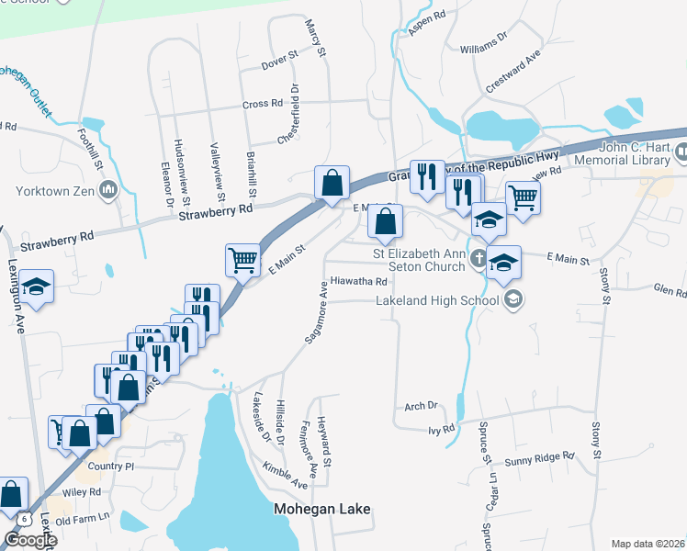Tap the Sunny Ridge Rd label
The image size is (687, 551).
pyautogui.click(x=539, y=455)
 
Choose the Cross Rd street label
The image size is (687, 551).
pyautogui.click(x=262, y=105)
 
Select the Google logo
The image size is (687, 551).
pyautogui.click(x=29, y=540)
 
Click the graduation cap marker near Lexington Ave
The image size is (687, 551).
pyautogui.click(x=36, y=287)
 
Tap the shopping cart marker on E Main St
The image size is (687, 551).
pyautogui.click(x=243, y=260)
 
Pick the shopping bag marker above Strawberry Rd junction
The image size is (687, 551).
pyautogui.click(x=332, y=183)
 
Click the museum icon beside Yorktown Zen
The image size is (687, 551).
pyautogui.click(x=109, y=191)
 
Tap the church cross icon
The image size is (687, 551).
pyautogui.click(x=478, y=260)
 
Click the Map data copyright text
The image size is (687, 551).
pyautogui.click(x=648, y=544)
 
